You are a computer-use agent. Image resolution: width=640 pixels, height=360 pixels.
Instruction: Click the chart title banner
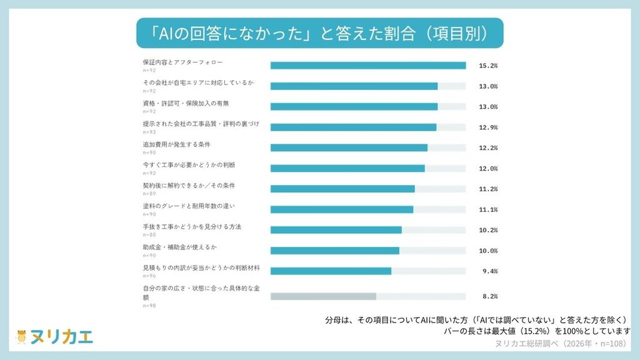(319, 33)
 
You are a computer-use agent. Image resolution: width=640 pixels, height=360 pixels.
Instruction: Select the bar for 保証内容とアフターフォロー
(368, 66)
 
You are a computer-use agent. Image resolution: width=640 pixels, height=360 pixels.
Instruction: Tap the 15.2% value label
(488, 66)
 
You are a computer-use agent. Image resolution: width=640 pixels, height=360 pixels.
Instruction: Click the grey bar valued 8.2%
(323, 296)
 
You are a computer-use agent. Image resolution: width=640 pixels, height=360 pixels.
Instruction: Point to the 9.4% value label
(490, 271)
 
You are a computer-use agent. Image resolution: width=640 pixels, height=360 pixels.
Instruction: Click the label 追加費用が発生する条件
(177, 144)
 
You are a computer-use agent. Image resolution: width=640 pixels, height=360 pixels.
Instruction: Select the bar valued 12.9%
(354, 127)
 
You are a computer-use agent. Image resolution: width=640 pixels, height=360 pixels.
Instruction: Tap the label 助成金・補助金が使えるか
(180, 247)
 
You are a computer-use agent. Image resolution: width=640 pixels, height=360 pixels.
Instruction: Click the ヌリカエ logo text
(62, 337)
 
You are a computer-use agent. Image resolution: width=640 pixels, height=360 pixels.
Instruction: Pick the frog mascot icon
(21, 337)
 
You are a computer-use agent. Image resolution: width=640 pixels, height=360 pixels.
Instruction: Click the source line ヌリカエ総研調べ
(561, 344)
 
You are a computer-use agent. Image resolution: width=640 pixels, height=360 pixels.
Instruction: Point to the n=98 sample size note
(149, 306)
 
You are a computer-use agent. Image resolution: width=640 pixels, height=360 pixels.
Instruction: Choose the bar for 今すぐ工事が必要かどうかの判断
(347, 169)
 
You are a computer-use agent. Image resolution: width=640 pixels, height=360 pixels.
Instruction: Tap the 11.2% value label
(488, 189)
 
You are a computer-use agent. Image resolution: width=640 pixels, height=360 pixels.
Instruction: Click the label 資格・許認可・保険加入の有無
(186, 103)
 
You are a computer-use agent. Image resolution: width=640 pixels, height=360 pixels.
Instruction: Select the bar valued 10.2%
(336, 230)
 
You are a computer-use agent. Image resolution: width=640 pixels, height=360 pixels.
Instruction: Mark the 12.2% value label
(488, 147)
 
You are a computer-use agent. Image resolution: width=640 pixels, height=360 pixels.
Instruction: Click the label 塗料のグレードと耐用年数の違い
(189, 206)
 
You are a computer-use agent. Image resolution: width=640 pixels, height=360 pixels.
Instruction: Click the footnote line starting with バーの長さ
(537, 331)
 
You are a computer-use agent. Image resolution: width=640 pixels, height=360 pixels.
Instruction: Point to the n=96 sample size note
(149, 276)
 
